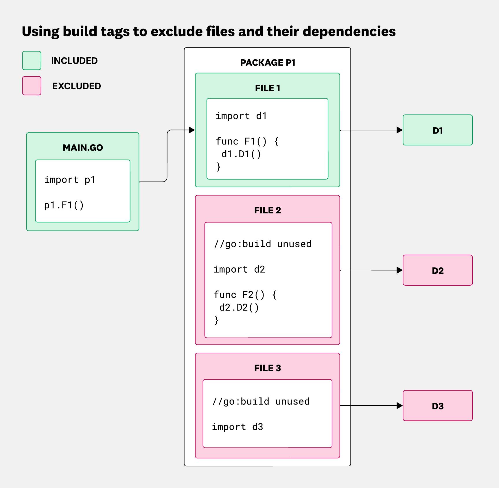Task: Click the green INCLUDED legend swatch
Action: click(32, 60)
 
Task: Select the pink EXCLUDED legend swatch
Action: click(32, 86)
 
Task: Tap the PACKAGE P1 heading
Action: click(268, 62)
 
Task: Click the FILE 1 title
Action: click(268, 88)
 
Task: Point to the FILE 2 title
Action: click(268, 210)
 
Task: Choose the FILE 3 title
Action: click(268, 368)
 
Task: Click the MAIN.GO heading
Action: click(83, 148)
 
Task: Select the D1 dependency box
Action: click(437, 130)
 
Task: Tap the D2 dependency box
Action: click(437, 270)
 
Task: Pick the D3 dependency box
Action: click(437, 406)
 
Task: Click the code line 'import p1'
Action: click(70, 180)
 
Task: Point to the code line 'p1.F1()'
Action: click(64, 205)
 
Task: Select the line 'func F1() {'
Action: click(247, 141)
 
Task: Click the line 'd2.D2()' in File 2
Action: click(239, 307)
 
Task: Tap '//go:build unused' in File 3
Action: click(261, 402)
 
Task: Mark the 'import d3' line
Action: click(237, 427)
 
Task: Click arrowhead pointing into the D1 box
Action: click(400, 130)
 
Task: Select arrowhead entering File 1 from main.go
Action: click(192, 130)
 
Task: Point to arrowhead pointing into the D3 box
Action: click(400, 406)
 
